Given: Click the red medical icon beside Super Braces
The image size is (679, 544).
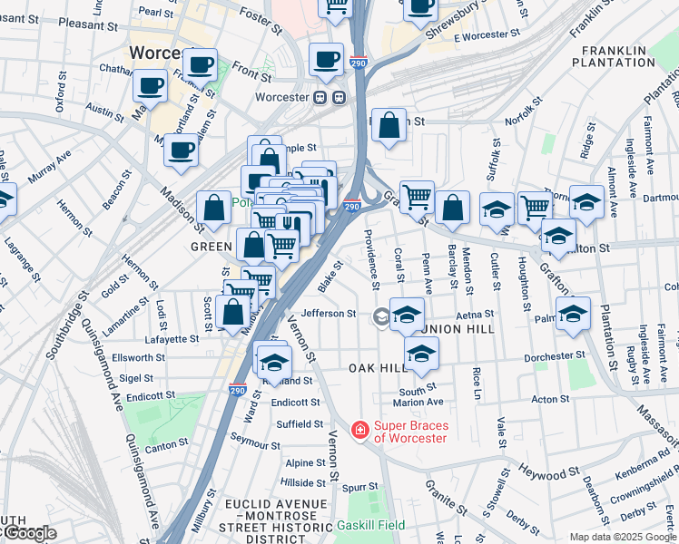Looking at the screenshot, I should [360, 429].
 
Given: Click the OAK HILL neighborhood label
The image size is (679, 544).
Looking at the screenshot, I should [379, 368].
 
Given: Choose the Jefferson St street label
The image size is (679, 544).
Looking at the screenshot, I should [329, 314].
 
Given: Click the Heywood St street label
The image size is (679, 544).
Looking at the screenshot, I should [548, 472].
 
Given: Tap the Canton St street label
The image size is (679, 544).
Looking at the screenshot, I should [166, 444].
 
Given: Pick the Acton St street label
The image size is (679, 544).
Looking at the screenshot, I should [550, 399].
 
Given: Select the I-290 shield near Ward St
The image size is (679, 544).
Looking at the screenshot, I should [236, 390].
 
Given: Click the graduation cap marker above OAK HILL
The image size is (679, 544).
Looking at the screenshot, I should [420, 354].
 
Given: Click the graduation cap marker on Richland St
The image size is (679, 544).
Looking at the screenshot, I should [272, 362].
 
